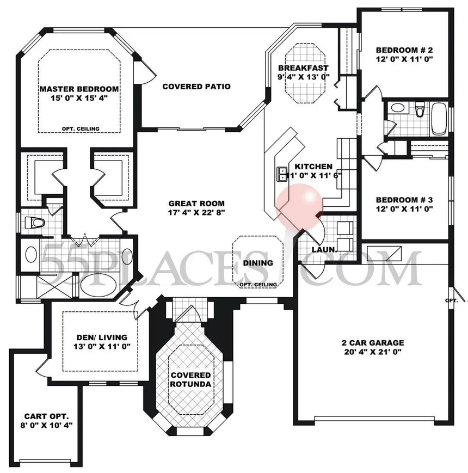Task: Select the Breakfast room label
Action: pos(303,68)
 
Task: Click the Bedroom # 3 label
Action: pos(404,198)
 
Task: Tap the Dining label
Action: pos(258,263)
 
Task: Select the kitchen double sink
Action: pos(282,174)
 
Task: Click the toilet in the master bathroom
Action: pos(33,223)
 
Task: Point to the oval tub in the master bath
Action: pos(98,285)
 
